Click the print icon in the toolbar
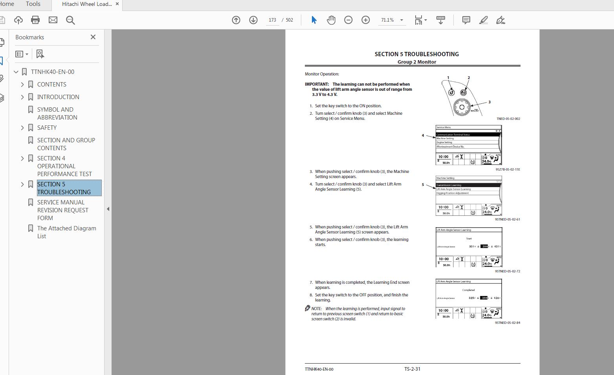35,20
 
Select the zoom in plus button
365,20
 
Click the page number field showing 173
272,20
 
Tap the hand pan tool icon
331,20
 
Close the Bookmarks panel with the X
93,37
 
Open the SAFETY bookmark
47,128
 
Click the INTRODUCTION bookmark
58,97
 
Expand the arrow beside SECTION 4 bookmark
22,158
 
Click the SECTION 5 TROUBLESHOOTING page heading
416,54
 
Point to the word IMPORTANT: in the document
317,84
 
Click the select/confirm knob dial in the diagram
462,107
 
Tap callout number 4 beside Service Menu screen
423,136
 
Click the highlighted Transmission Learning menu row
467,185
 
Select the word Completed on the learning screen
468,290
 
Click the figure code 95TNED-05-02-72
507,271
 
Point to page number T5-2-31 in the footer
412,369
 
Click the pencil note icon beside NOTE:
308,308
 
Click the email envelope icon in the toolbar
53,20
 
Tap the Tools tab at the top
33,4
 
